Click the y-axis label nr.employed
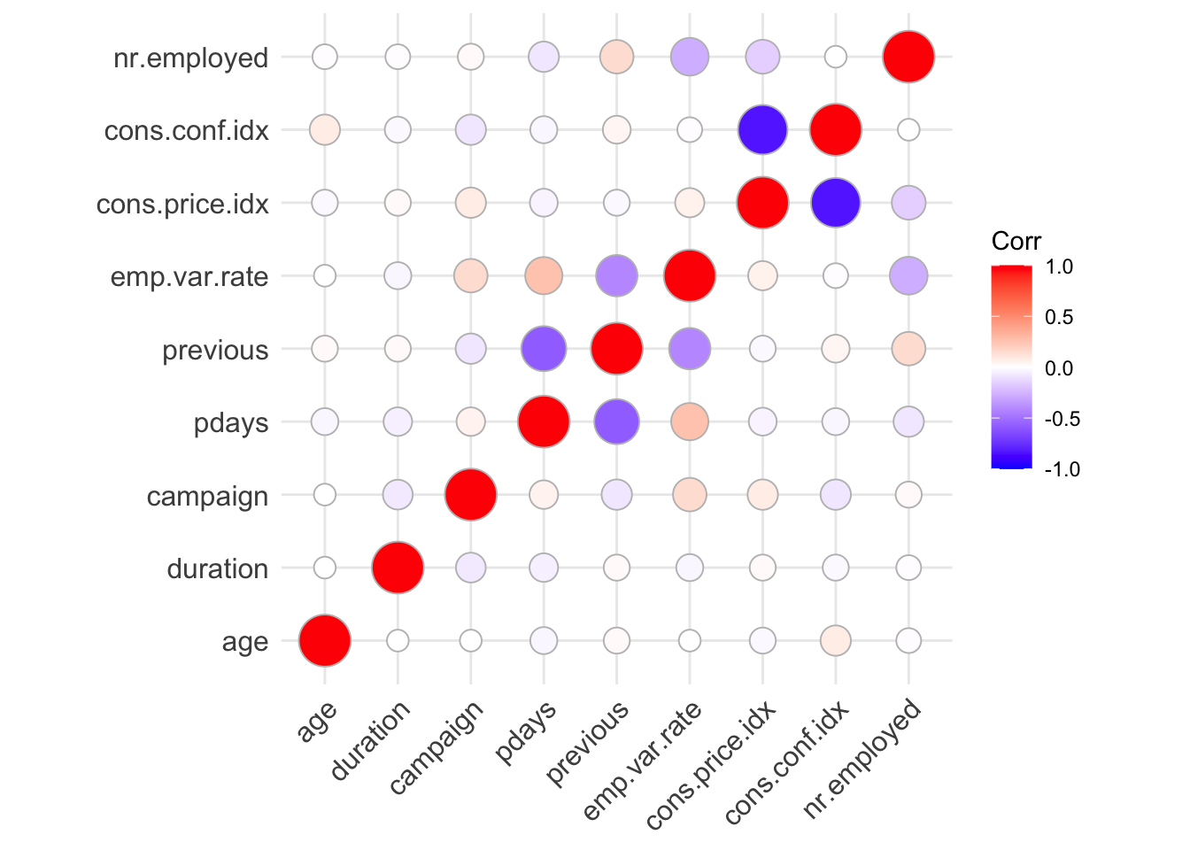190,58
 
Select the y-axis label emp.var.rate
189,277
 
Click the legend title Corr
1016,241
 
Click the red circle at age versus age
325,640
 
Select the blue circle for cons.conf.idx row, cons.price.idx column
762,130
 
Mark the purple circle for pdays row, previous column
616,421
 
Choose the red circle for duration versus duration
398,568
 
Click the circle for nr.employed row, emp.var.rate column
689,58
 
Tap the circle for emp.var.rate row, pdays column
544,276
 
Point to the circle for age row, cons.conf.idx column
835,640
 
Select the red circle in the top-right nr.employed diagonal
908,58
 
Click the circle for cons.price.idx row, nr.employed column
908,203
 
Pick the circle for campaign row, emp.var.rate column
689,495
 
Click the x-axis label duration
373,740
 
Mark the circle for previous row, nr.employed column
908,349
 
